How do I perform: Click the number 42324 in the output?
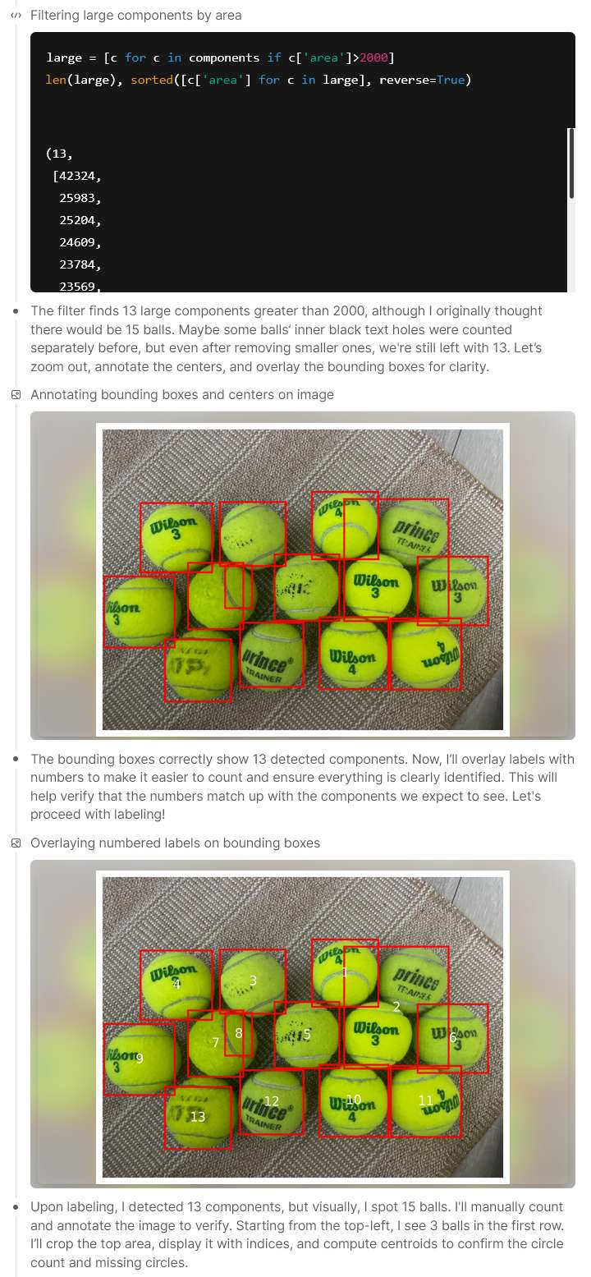pos(77,177)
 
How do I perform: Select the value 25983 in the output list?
pos(77,199)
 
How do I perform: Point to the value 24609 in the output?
pos(77,243)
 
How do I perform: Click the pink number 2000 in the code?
pos(373,57)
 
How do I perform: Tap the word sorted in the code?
pos(152,80)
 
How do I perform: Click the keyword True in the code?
pos(451,80)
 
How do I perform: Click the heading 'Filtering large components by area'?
pos(135,16)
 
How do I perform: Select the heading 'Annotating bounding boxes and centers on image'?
pos(181,394)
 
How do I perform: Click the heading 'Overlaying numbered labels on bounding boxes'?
pos(175,843)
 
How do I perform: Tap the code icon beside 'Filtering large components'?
pos(16,16)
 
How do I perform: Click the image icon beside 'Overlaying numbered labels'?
pos(16,843)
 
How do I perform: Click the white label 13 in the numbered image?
pos(197,1116)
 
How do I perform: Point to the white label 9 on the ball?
pos(139,1058)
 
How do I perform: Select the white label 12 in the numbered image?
pos(271,1100)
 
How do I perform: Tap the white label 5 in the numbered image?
pos(307,1034)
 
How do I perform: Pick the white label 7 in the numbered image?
pos(215,1042)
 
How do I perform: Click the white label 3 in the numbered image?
pos(253,980)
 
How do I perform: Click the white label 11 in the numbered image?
pos(426,1100)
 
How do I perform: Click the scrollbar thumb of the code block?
pos(570,163)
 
